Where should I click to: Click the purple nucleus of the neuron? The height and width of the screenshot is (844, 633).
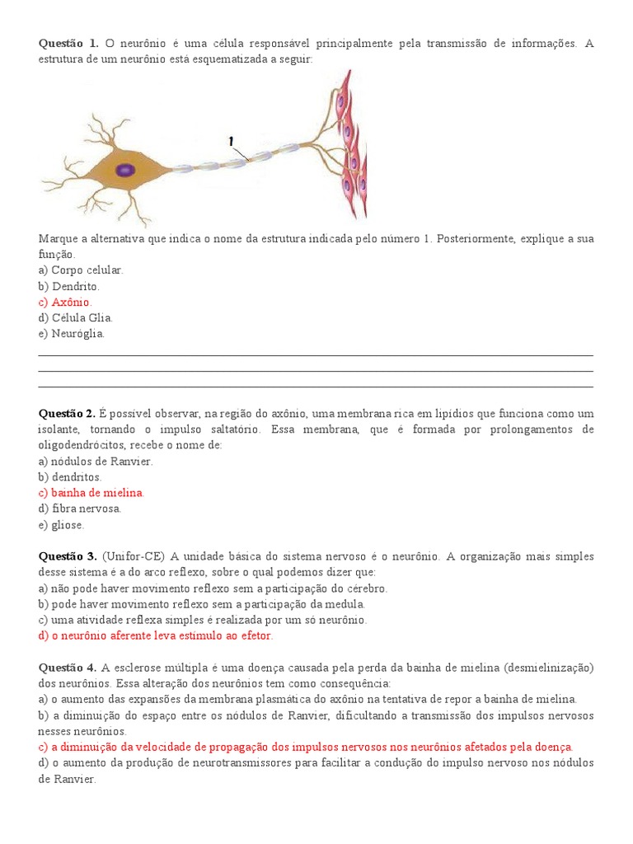click(124, 171)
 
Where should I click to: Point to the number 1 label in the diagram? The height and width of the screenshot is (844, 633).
click(232, 142)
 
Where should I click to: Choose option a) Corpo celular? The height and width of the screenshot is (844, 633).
click(81, 270)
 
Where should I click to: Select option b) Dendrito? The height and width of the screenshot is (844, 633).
click(69, 286)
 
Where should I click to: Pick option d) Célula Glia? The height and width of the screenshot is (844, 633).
click(76, 317)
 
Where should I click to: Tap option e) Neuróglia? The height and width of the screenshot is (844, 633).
click(72, 334)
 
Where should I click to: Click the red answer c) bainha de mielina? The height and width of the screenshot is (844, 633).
click(91, 492)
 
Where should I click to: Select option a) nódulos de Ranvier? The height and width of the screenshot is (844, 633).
click(96, 461)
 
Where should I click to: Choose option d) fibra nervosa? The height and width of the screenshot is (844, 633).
click(80, 509)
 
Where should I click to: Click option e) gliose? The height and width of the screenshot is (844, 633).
click(61, 524)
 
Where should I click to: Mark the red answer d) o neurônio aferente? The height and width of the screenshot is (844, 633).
click(156, 635)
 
